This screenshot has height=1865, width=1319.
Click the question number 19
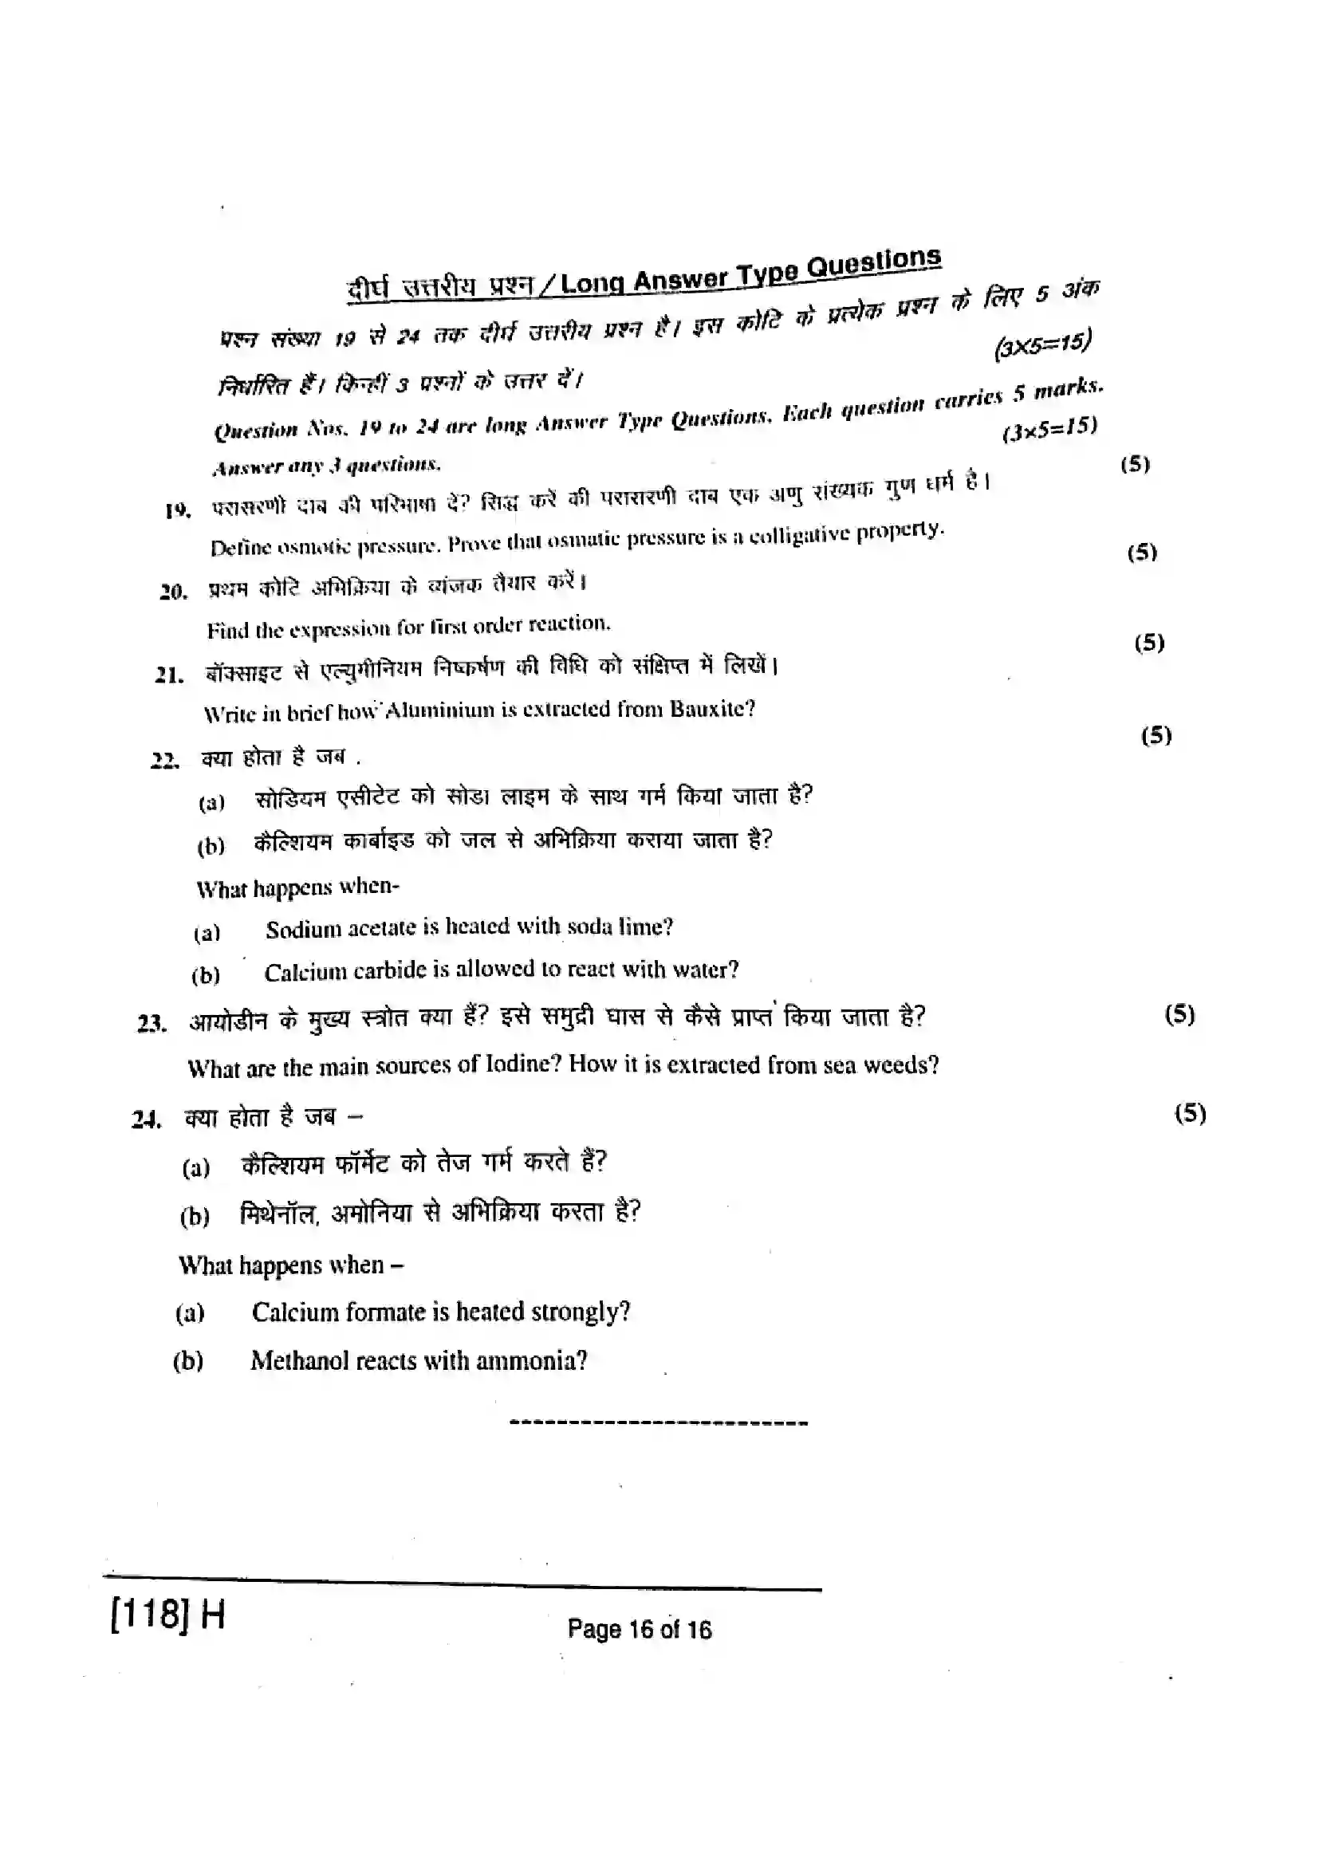[177, 511]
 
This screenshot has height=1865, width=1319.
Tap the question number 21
[169, 675]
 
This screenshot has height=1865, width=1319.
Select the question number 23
[152, 1024]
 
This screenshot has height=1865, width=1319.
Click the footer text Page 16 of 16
[640, 1629]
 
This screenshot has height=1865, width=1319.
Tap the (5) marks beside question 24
[1190, 1112]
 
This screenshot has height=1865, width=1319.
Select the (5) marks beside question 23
[1179, 1013]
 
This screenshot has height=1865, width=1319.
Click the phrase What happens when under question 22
[297, 887]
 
